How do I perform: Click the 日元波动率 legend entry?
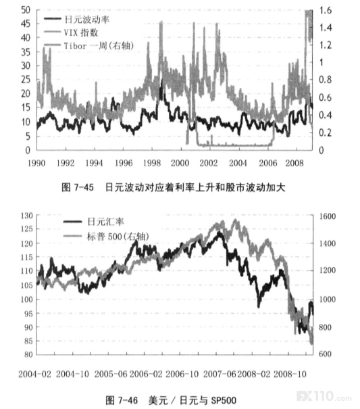[76, 20]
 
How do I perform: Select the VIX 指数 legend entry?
[71, 32]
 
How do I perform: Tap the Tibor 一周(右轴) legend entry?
[89, 46]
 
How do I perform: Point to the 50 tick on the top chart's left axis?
[26, 10]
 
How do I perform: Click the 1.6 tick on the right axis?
[326, 10]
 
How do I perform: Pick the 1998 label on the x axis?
[152, 163]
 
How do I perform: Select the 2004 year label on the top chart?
[238, 163]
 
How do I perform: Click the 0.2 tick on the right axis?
[326, 133]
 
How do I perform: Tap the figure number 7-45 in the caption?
[84, 187]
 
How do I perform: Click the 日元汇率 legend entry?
[94, 222]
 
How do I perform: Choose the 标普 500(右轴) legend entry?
[106, 237]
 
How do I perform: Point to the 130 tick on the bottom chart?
[26, 216]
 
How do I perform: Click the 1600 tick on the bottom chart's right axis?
[328, 216]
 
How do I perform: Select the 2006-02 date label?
[146, 374]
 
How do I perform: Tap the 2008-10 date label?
[290, 374]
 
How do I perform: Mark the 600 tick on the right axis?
[326, 354]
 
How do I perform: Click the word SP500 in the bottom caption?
[224, 400]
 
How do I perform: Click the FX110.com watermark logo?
[324, 396]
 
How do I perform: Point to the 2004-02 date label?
[35, 374]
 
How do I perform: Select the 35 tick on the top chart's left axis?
[26, 52]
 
